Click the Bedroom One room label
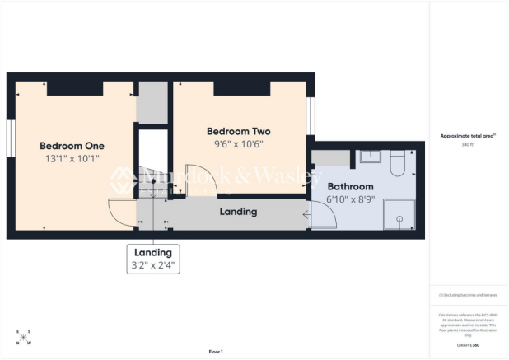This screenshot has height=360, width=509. (72, 146)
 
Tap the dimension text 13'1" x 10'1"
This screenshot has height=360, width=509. (72, 161)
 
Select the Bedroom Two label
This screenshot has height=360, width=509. (238, 131)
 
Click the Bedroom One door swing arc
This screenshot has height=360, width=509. (124, 212)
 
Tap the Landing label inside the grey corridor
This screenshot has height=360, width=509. (238, 212)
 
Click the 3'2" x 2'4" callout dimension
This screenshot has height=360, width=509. (153, 265)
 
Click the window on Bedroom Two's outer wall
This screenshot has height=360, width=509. (311, 116)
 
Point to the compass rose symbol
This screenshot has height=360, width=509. (24, 337)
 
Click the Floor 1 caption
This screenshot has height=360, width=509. (216, 352)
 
